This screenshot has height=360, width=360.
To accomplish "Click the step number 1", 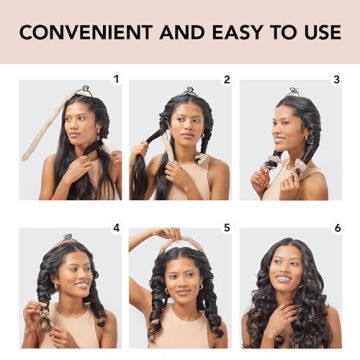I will (x=116, y=78).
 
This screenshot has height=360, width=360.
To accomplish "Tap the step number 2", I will (x=227, y=78).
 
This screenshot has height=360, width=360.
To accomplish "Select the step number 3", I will (x=336, y=78).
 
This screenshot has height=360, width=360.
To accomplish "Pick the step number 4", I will (x=116, y=228).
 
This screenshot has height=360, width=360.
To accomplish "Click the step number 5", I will (x=227, y=228).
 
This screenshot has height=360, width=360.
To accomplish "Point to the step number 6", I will (x=337, y=228).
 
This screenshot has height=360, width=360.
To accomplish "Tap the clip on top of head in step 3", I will (x=293, y=92).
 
